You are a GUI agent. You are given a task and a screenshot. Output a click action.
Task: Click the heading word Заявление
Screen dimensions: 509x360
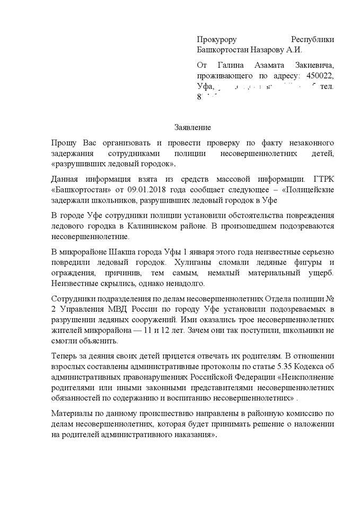193,127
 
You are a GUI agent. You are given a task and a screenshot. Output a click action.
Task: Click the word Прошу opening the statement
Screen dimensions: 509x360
64,143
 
